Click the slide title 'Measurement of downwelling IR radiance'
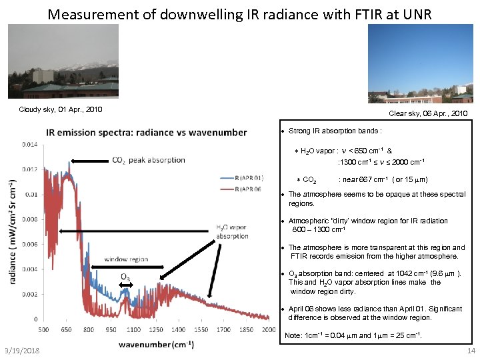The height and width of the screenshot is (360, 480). pos(240,13)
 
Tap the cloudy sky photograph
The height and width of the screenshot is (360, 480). pos(63,61)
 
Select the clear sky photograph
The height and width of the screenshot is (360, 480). pos(420,63)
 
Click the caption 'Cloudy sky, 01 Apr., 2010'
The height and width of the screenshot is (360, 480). pos(61,109)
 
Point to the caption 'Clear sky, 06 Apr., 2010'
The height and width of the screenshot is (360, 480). pos(427,114)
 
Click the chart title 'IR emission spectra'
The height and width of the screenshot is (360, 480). pos(146,132)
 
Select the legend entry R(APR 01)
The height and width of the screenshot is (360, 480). pos(237,178)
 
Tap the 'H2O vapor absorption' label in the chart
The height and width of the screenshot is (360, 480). pos(232,231)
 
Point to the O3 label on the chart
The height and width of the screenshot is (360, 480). pos(125,277)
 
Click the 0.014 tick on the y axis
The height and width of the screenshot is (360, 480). pos(29,143)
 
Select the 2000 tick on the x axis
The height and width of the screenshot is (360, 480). pos(267,329)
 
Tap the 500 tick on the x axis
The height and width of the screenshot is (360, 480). pos(44,329)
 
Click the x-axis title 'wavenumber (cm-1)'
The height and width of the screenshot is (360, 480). pos(156,344)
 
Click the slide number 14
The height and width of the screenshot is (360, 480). pos(471,351)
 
